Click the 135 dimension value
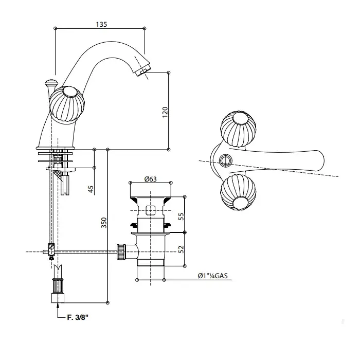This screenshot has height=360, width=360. tap(101, 24)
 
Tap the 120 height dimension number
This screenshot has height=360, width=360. tap(165, 112)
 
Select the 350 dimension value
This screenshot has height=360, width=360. tap(104, 223)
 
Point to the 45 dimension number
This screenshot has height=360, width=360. tap(91, 189)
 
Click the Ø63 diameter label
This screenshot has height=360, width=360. tap(151, 179)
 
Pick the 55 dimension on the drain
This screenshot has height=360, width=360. tap(181, 217)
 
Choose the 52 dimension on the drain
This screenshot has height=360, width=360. tap(181, 249)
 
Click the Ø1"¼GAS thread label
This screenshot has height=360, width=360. tap(213, 276)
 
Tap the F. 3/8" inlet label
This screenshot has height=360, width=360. tap(78, 317)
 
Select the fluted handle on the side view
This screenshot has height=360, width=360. tap(67, 104)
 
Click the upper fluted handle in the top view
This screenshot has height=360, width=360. tap(239, 129)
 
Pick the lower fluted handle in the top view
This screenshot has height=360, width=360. tap(238, 193)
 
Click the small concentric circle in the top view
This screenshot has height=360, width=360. tap(225, 160)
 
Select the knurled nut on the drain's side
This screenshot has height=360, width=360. tap(121, 251)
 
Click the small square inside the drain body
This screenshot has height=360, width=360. tap(150, 210)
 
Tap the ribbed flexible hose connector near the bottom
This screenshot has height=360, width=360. tap(58, 285)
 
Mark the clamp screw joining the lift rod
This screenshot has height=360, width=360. tap(51, 251)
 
